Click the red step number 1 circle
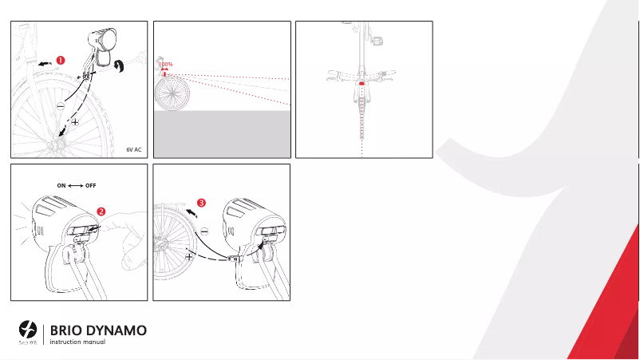pyautogui.click(x=61, y=58)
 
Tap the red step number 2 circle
pyautogui.click(x=101, y=212)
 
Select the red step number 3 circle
pyautogui.click(x=201, y=203)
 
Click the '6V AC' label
pyautogui.click(x=134, y=148)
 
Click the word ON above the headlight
pyautogui.click(x=61, y=184)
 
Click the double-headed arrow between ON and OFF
pyautogui.click(x=76, y=184)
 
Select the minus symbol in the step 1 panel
pyautogui.click(x=60, y=105)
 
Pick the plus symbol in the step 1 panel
pyautogui.click(x=75, y=122)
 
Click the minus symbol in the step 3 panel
pyautogui.click(x=203, y=231)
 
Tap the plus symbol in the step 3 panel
pyautogui.click(x=190, y=257)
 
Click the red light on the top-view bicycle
pyautogui.click(x=362, y=81)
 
